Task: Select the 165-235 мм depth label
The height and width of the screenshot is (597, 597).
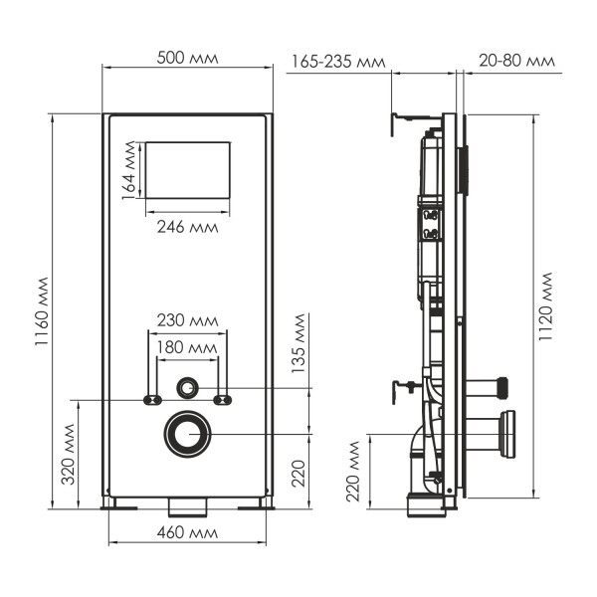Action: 337,62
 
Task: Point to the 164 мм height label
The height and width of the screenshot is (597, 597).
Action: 129,171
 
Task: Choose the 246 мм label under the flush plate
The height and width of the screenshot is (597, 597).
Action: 187,226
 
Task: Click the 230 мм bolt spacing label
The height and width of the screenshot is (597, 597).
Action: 187,320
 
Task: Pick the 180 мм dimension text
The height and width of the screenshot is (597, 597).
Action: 187,347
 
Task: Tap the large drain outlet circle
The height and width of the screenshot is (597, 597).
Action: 187,434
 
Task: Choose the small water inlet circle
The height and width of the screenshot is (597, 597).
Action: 187,386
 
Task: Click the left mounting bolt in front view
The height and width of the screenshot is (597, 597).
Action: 152,400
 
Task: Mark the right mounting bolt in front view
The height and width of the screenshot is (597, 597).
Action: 223,400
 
